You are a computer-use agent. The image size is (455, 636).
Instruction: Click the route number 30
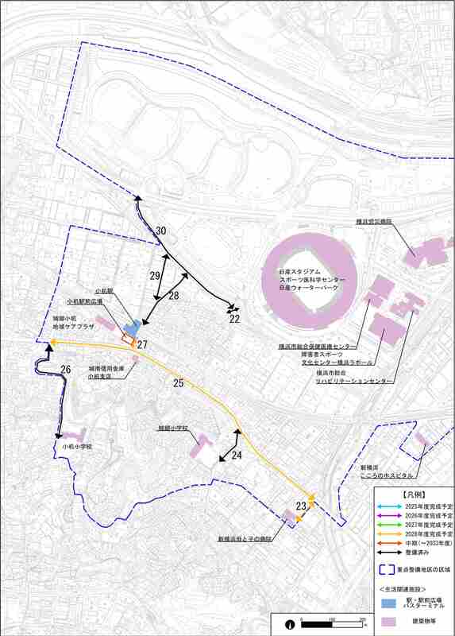coord(161,231)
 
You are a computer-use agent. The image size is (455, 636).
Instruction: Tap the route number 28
coord(174,295)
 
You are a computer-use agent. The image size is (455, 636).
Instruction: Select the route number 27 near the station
coord(143,344)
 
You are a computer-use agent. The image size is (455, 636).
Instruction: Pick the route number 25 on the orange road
coord(179,384)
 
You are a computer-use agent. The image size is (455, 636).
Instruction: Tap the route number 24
coord(237,455)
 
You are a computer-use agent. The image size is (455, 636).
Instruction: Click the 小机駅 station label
coord(104,292)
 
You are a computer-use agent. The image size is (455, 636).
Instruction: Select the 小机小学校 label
coord(77,447)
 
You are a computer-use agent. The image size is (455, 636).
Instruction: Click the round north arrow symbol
coord(291,624)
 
